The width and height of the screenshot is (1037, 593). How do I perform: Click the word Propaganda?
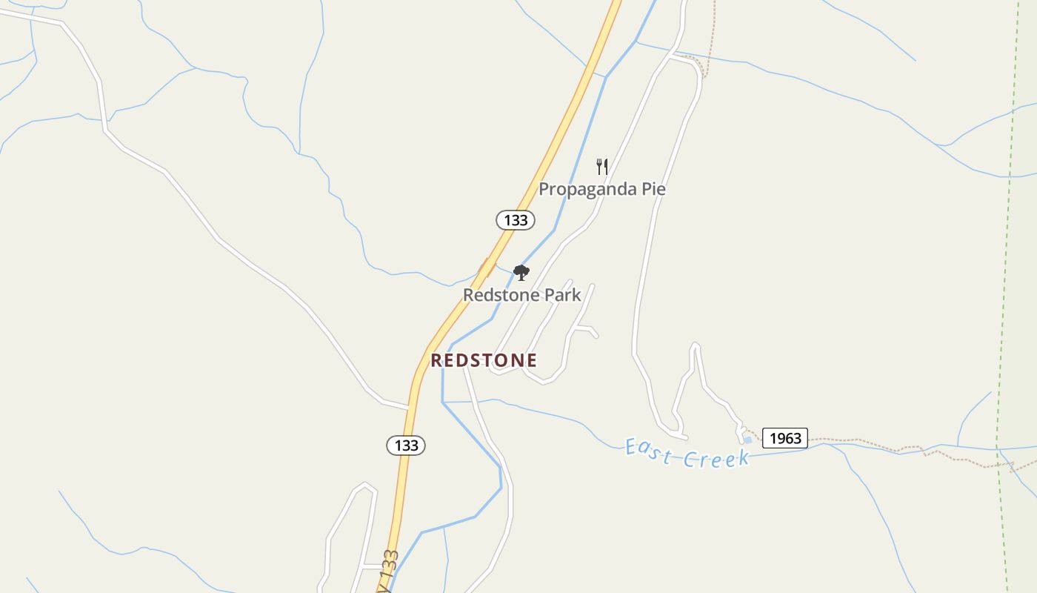coord(584,189)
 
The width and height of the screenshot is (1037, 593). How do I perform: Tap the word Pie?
coord(651,189)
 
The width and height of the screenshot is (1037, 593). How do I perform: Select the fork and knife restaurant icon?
coord(602,166)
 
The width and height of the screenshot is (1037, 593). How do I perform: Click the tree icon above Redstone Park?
coord(521,273)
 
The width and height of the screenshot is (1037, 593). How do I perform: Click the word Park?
coord(563,295)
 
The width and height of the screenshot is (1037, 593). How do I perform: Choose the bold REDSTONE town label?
coord(484,360)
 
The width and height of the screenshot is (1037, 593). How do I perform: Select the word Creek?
coord(716,459)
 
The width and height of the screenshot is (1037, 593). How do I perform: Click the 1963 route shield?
coord(785,438)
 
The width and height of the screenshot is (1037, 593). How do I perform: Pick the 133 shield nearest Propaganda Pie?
coord(516,219)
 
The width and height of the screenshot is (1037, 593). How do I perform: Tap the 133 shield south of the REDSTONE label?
coord(406,445)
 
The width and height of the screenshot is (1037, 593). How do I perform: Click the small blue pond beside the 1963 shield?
coord(748,440)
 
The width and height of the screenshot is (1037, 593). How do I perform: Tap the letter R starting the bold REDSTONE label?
coord(436,360)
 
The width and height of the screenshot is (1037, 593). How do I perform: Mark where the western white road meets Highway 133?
coord(409,407)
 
